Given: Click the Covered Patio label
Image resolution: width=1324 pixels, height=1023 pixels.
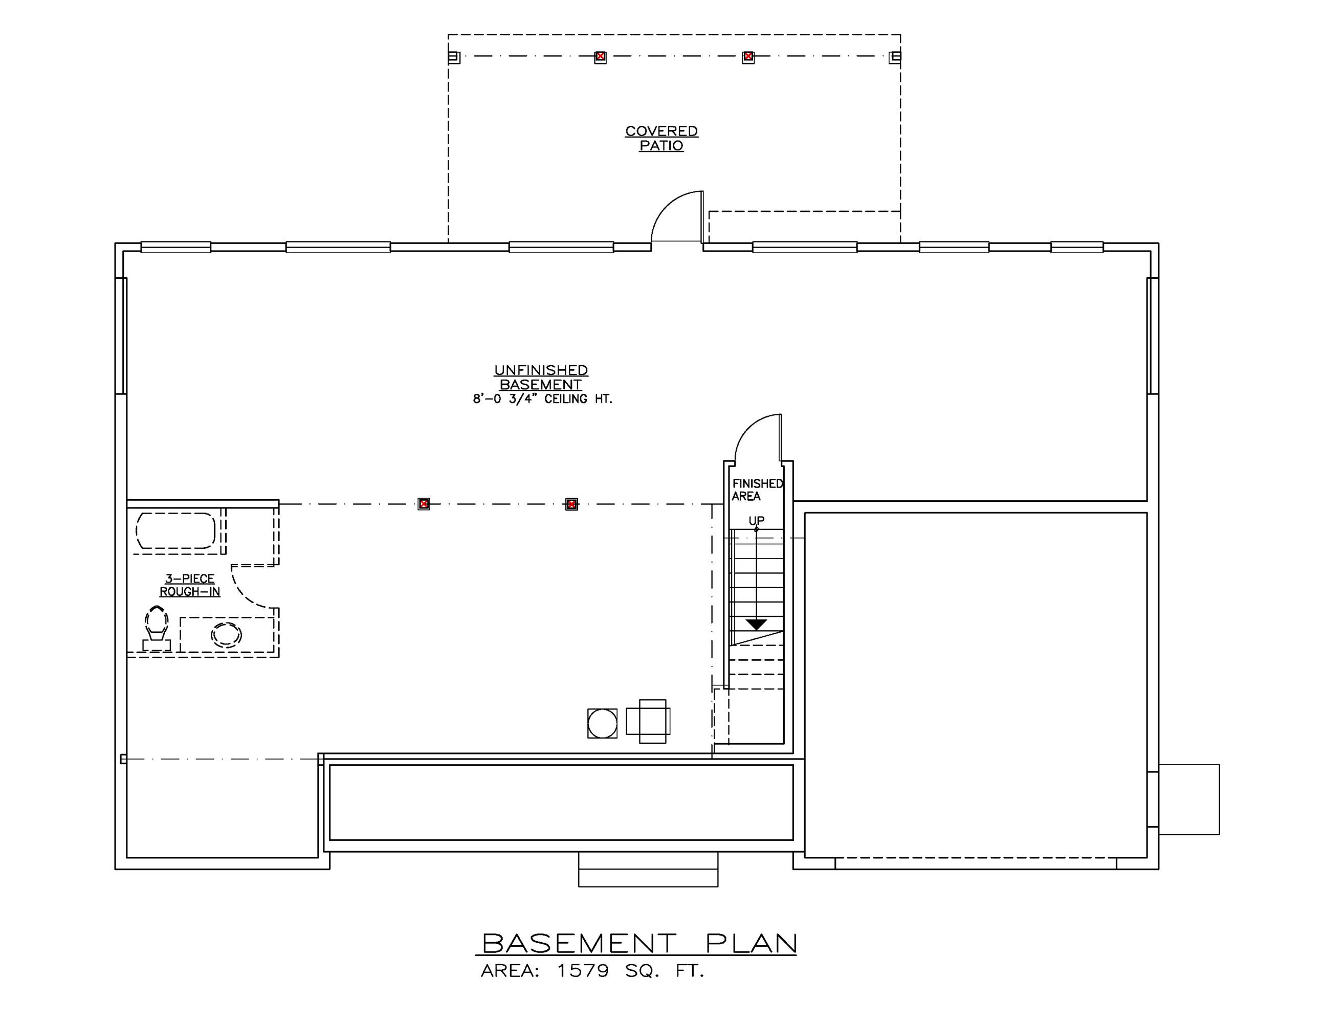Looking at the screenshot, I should (661, 138).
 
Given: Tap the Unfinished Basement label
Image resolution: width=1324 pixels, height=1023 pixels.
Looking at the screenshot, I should (541, 377).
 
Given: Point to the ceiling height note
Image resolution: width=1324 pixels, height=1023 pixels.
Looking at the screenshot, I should (543, 399).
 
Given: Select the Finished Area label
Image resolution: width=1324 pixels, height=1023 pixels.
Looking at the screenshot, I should (757, 490).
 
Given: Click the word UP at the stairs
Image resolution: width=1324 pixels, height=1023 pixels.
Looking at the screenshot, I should (756, 521).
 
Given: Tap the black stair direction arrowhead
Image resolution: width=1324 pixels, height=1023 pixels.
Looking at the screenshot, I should (756, 624).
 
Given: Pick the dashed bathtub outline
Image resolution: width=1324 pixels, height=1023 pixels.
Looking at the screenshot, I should (175, 531).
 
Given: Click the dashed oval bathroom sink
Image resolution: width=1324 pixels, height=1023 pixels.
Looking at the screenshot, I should (226, 635).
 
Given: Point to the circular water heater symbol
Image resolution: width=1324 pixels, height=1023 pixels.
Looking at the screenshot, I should (602, 724).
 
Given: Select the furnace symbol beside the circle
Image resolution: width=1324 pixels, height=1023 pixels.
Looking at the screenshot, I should (649, 721).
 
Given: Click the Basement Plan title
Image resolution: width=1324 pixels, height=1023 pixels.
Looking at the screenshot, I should (639, 944).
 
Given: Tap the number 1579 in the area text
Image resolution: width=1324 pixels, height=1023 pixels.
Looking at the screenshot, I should (583, 971).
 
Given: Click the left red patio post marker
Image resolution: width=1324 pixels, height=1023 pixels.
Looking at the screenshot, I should (600, 57).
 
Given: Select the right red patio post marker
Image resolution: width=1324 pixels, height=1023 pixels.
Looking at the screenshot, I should (748, 57).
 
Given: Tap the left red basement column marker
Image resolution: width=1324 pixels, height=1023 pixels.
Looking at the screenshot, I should (424, 504).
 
